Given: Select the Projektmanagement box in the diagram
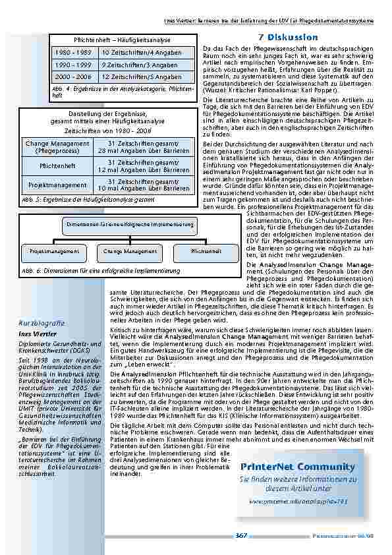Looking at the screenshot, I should click(x=51, y=251).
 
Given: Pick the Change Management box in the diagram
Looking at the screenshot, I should click(x=130, y=251).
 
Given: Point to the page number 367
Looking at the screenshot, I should click(x=242, y=535).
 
